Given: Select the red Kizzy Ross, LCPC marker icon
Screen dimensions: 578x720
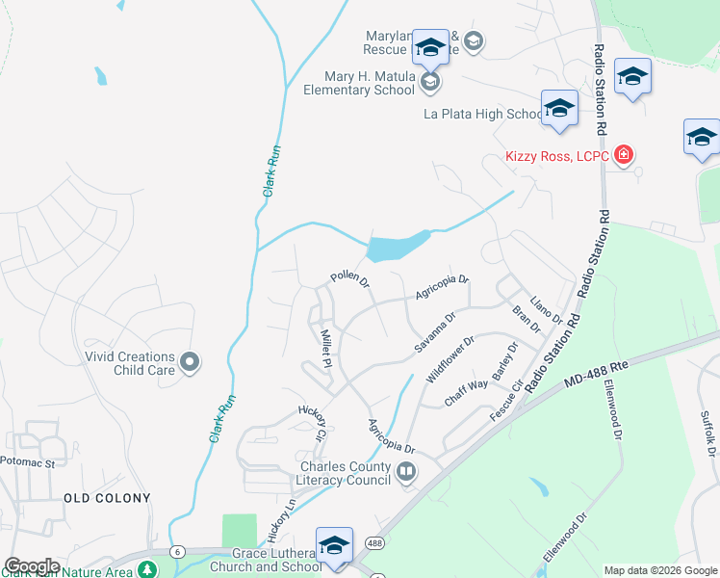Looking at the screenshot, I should pyautogui.click(x=624, y=154).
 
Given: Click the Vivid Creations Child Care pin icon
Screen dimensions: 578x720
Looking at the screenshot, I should pyautogui.click(x=190, y=362).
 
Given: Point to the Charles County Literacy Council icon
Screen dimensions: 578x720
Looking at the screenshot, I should pyautogui.click(x=405, y=471).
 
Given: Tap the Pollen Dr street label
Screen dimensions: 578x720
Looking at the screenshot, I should pyautogui.click(x=350, y=278).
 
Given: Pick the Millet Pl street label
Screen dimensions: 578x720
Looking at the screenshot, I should pyautogui.click(x=325, y=349).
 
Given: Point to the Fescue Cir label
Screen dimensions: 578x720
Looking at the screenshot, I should pyautogui.click(x=506, y=398).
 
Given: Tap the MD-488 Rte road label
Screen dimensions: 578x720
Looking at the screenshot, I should pyautogui.click(x=596, y=373).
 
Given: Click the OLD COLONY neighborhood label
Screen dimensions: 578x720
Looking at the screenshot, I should pyautogui.click(x=107, y=498).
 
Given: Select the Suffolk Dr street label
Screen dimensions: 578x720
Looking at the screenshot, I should pyautogui.click(x=707, y=433).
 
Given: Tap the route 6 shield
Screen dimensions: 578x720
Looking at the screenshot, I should pyautogui.click(x=178, y=550).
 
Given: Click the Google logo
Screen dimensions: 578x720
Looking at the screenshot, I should pyautogui.click(x=31, y=566).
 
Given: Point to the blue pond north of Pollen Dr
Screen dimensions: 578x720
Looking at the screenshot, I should pyautogui.click(x=395, y=249).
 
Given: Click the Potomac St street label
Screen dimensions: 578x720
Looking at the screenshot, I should pyautogui.click(x=29, y=463).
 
